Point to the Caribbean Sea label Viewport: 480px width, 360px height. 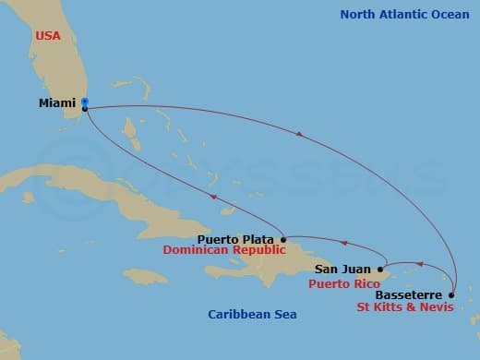(x=252, y=315)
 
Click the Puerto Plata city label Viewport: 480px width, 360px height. (x=235, y=239)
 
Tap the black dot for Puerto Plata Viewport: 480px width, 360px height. (x=283, y=239)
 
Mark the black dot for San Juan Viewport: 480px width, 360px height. (x=380, y=270)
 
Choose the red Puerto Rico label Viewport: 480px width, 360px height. (x=342, y=283)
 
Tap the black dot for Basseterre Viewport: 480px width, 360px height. (x=451, y=295)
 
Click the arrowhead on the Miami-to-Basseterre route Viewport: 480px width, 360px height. (x=298, y=134)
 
